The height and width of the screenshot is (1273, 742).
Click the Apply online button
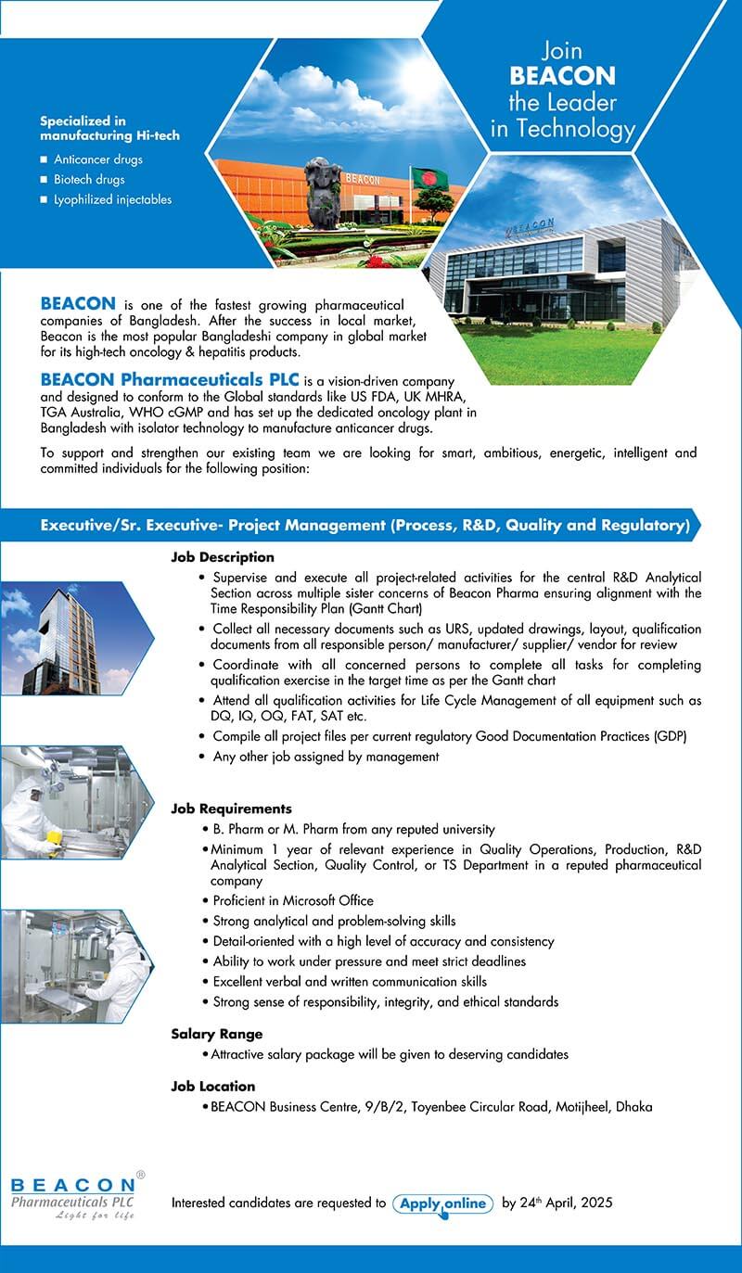click(x=443, y=1203)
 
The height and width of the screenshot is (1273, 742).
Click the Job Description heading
click(x=223, y=557)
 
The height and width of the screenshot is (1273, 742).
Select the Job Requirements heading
click(x=231, y=808)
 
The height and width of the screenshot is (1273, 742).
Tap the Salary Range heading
click(x=217, y=1034)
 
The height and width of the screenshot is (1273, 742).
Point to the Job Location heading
click(x=213, y=1086)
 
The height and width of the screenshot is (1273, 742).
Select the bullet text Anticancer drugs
click(x=97, y=159)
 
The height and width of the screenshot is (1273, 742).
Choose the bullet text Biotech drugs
click(x=89, y=179)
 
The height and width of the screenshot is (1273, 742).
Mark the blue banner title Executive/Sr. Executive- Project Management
click(x=365, y=525)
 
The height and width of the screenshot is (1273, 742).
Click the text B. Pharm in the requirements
click(x=239, y=829)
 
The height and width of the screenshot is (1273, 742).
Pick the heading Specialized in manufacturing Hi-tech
click(x=109, y=128)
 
